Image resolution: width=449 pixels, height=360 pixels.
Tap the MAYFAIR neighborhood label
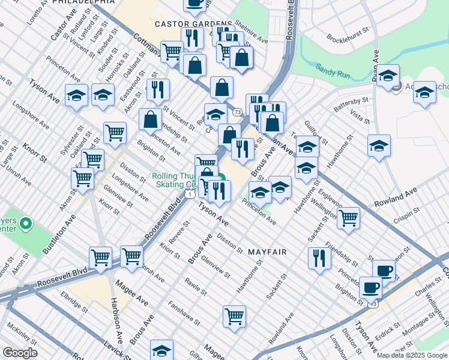point(267,253)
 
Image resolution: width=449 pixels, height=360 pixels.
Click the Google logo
point(20,353)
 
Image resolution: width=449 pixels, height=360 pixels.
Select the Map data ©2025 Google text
point(412,355)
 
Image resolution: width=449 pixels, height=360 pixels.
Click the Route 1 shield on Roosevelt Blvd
point(189,194)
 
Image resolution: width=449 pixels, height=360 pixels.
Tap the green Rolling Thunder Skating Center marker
point(221,178)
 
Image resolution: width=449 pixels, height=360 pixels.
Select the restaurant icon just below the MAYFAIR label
point(319,258)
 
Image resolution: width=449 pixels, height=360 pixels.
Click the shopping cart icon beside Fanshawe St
point(234,316)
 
